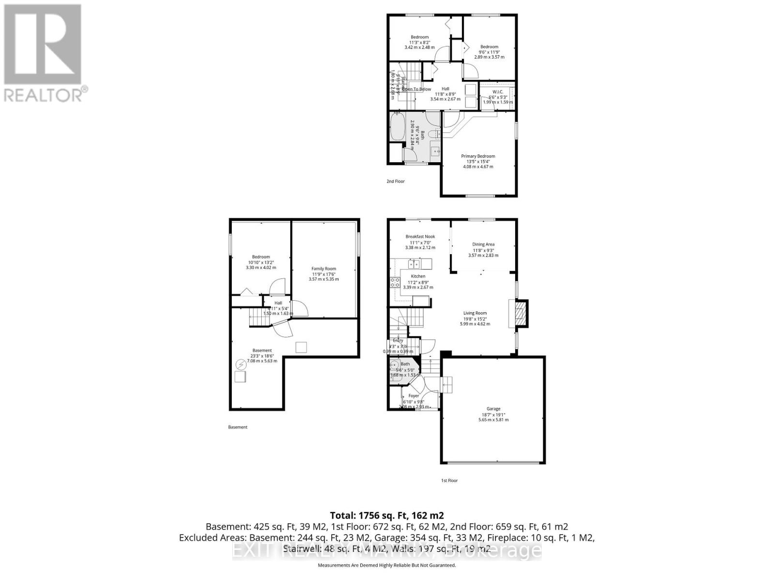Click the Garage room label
point(493,409)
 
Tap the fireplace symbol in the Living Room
point(518,314)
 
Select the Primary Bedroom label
point(478,156)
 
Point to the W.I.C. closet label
point(498,92)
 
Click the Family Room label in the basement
point(324,269)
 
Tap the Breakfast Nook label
point(420,237)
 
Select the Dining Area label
point(483,245)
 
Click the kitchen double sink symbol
point(414,264)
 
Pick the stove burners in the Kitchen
point(395,283)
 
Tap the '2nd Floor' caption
point(395,182)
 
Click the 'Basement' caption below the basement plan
point(238,427)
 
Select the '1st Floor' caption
point(449,480)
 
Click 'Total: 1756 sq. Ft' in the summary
point(387,515)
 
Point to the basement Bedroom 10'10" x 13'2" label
point(261,257)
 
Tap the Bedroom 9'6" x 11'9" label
point(489,47)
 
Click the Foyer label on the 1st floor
point(414,396)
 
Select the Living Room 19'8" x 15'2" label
point(475,313)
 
